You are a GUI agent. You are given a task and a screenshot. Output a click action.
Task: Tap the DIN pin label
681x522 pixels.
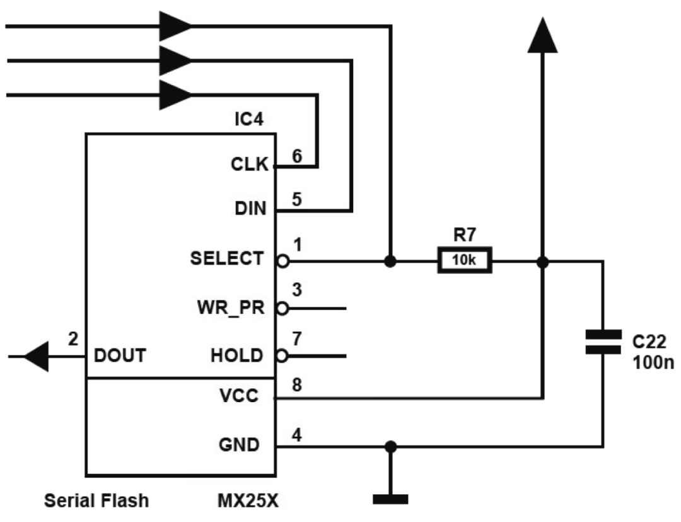(250, 209)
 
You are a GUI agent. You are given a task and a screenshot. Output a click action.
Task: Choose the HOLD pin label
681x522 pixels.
(237, 356)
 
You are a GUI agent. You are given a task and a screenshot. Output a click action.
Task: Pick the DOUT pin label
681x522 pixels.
(120, 356)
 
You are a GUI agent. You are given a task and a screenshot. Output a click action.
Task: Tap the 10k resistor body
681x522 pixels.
(465, 260)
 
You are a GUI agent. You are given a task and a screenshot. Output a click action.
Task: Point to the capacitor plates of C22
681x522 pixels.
(603, 341)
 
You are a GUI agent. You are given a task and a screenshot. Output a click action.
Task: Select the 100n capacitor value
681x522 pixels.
(653, 365)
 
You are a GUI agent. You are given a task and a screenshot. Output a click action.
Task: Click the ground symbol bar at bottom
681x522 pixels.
(391, 500)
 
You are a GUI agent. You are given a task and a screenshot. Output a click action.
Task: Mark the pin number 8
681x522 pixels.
(297, 385)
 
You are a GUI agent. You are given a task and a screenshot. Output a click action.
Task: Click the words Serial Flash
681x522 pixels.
(96, 502)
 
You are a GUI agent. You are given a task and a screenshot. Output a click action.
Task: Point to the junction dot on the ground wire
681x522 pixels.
(391, 446)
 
